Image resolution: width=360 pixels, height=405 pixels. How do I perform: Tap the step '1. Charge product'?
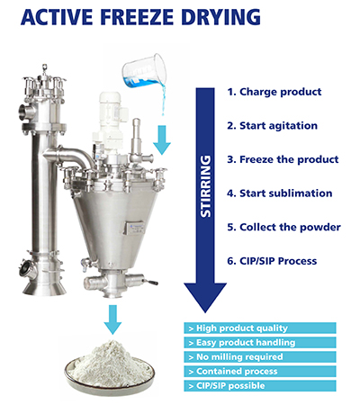pyautogui.click(x=274, y=92)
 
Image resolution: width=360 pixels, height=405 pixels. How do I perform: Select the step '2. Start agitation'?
pyautogui.click(x=272, y=126)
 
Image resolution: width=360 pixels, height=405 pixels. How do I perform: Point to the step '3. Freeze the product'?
pyautogui.click(x=283, y=159)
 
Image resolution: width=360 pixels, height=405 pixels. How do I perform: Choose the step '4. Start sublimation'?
pyautogui.click(x=280, y=193)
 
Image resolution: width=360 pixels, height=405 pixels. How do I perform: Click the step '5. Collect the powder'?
pyautogui.click(x=283, y=228)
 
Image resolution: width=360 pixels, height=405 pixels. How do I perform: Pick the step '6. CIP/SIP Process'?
pyautogui.click(x=272, y=261)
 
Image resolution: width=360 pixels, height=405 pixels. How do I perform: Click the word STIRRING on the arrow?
pyautogui.click(x=206, y=186)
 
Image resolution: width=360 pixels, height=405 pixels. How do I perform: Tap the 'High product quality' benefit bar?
pyautogui.click(x=260, y=328)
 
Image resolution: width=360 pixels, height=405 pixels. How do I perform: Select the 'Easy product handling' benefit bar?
pyautogui.click(x=260, y=343)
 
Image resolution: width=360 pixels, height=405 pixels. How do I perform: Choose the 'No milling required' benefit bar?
pyautogui.click(x=260, y=357)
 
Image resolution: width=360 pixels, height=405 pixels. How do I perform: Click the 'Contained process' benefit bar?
pyautogui.click(x=260, y=372)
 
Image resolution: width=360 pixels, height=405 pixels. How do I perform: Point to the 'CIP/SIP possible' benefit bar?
pyautogui.click(x=260, y=386)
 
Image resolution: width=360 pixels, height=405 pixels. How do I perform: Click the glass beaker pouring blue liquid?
pyautogui.click(x=144, y=70)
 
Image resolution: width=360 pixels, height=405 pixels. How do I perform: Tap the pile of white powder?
pyautogui.click(x=110, y=363)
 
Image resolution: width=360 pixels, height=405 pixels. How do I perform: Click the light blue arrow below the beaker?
pyautogui.click(x=162, y=139)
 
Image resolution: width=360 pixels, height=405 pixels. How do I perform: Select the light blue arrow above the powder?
pyautogui.click(x=112, y=319)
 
